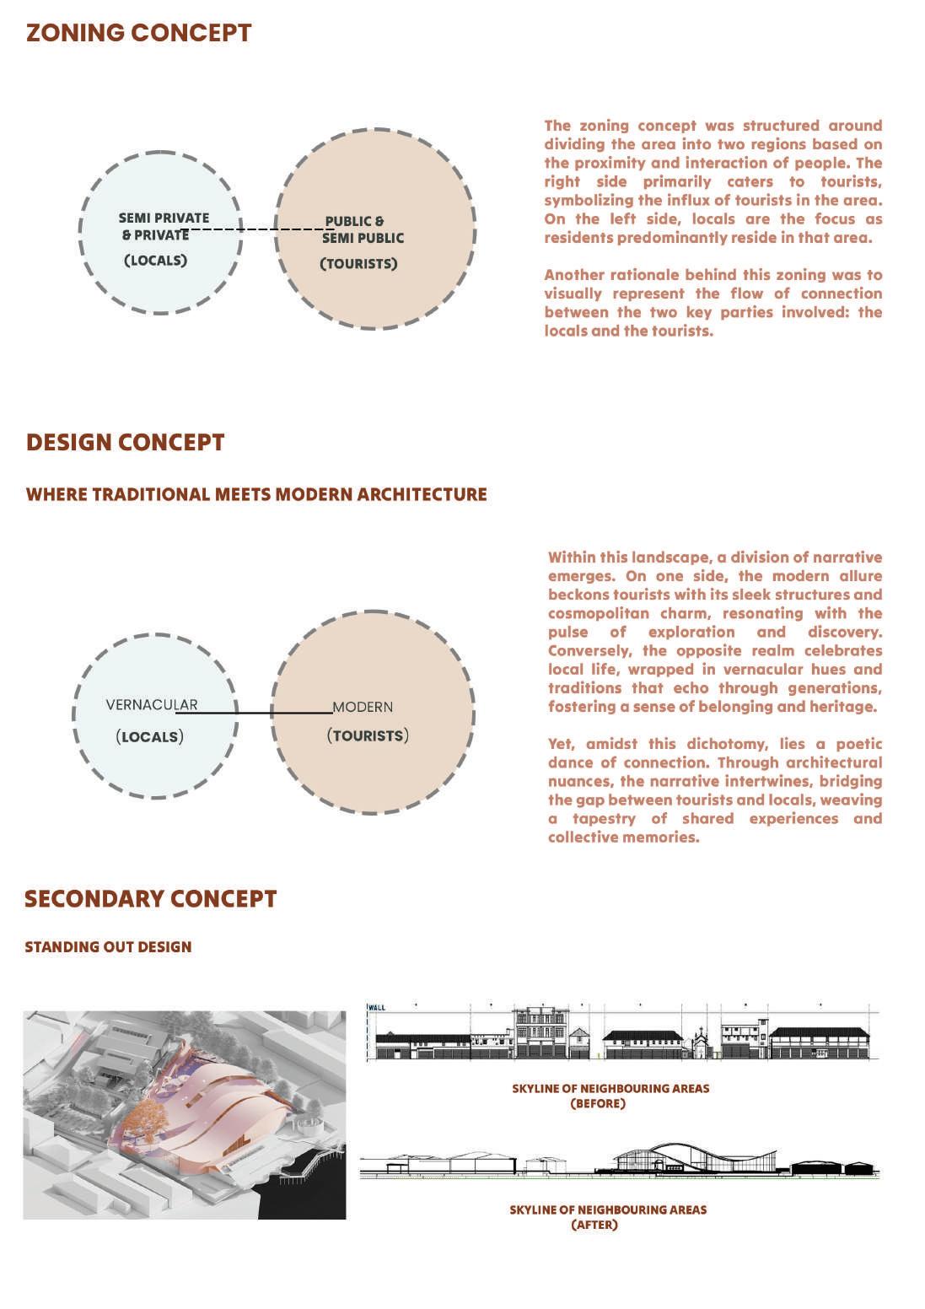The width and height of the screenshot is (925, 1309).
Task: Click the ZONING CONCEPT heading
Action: point(138,33)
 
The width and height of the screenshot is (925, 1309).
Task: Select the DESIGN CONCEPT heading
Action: point(125,443)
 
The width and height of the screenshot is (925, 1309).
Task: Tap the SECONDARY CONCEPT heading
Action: point(150,899)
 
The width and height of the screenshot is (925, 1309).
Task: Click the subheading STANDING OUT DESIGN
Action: point(108,947)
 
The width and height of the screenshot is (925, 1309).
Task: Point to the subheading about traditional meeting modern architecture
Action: point(256,494)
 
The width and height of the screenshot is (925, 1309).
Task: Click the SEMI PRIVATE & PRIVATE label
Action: point(163,226)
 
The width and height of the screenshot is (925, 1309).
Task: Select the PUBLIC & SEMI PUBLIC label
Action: point(362,229)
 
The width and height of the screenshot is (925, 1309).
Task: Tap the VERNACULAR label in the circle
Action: point(152,704)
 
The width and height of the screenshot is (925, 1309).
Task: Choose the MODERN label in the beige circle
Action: point(363,707)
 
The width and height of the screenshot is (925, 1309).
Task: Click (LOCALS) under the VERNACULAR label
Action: point(149,736)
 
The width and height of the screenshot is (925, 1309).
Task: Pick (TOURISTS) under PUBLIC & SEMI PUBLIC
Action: point(358,264)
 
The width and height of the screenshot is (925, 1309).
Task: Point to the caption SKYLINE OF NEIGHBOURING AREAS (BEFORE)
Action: point(610,1096)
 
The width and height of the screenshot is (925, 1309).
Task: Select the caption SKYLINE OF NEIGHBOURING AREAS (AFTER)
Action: point(608,1217)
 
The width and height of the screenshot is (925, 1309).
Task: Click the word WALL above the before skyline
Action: point(377,1007)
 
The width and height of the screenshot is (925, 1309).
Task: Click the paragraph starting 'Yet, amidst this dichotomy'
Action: point(714,790)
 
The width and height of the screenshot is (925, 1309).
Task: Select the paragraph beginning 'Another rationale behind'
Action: point(713,303)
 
